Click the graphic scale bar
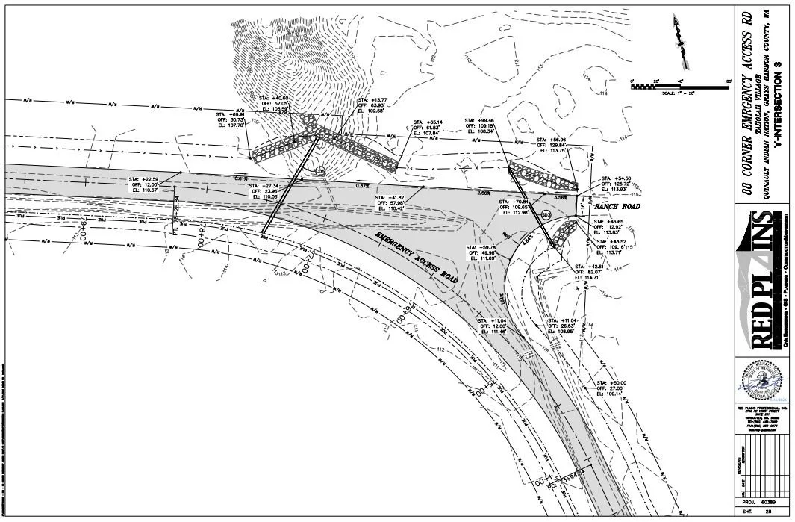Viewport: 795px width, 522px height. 680,87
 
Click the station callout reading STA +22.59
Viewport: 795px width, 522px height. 145,184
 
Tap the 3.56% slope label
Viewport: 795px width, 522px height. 582,197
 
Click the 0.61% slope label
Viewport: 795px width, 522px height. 240,178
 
